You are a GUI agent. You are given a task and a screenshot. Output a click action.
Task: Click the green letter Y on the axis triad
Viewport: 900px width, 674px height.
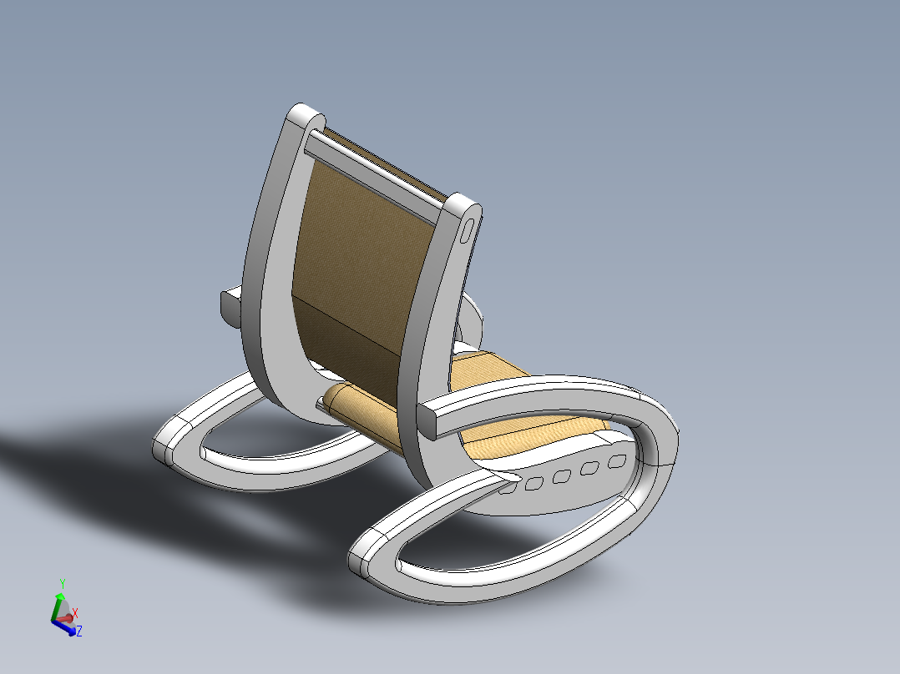(x=62, y=582)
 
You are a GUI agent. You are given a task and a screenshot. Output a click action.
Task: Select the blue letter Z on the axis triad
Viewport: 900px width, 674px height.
(x=78, y=631)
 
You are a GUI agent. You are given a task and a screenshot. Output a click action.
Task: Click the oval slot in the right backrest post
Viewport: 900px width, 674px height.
(x=468, y=229)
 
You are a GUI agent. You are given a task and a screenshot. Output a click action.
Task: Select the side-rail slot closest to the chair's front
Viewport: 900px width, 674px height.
(x=617, y=461)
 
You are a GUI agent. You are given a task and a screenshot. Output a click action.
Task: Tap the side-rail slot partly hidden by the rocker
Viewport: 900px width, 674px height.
(x=508, y=489)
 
